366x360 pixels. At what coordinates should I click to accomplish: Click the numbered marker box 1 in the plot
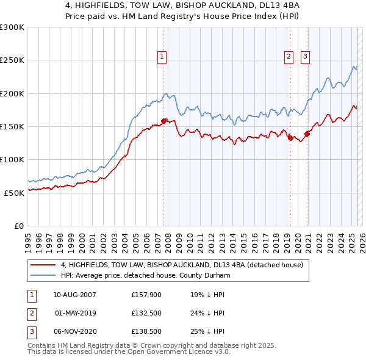click(x=162, y=57)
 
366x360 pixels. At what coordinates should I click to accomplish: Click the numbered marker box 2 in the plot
click(x=288, y=57)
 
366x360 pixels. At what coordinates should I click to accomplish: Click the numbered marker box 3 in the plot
click(x=305, y=57)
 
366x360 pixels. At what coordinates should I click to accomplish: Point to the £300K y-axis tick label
click(x=12, y=27)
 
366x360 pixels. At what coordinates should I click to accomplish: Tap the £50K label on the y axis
click(x=14, y=193)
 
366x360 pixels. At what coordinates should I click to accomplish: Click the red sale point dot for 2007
click(x=163, y=121)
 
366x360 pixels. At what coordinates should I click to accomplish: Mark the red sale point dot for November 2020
click(x=307, y=134)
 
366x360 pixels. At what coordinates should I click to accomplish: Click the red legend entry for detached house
click(x=177, y=265)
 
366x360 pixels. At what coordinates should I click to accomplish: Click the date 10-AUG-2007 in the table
click(x=74, y=294)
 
